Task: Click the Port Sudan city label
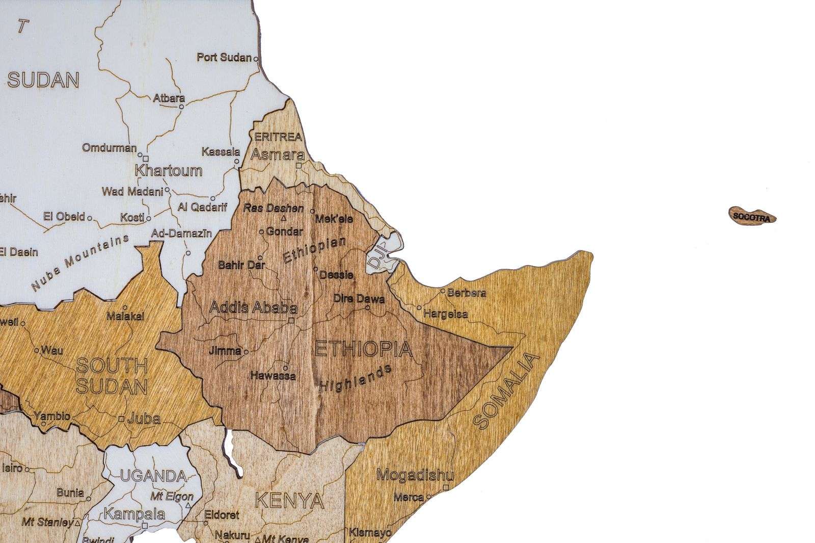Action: point(224,58)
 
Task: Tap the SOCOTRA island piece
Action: point(752,216)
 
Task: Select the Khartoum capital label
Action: point(168,170)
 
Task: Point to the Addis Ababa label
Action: point(253,308)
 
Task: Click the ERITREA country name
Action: point(278,137)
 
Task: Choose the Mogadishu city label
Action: point(414,476)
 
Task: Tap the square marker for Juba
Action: point(121,419)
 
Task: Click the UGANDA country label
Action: point(153,476)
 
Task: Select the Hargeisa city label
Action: point(445,314)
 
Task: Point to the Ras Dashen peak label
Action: point(273,208)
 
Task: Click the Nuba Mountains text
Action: point(80,264)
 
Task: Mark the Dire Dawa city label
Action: point(359,299)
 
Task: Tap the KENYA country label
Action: point(289,501)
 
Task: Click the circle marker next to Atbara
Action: point(181,107)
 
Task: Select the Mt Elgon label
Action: point(172,496)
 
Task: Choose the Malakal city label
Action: point(125,316)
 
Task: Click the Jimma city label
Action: point(225,351)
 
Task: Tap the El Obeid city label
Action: point(64,217)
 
